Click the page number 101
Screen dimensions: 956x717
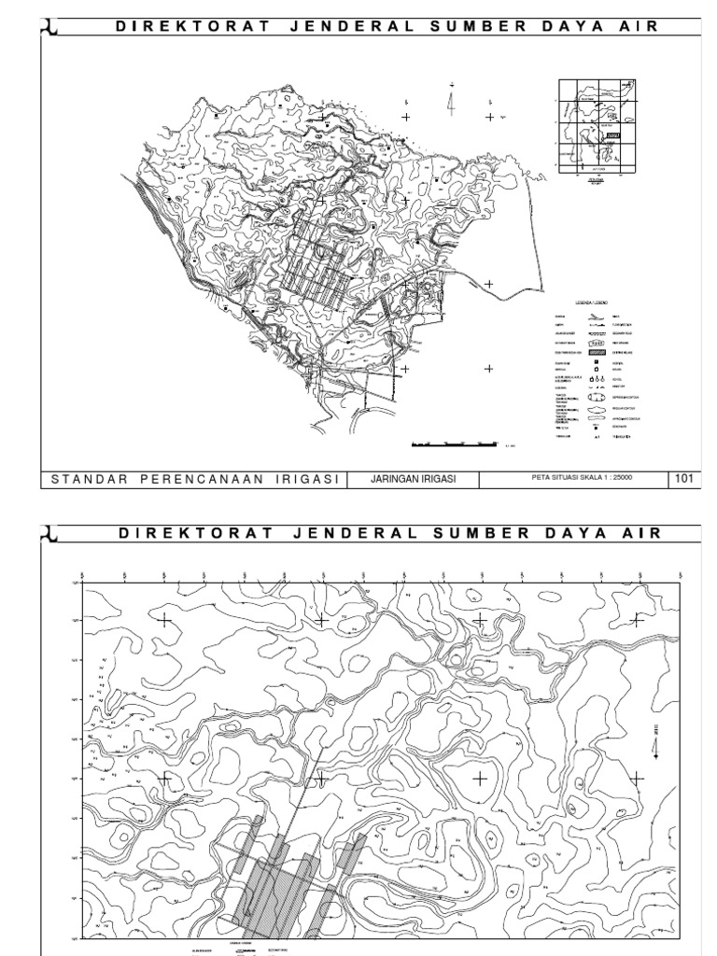coord(683,479)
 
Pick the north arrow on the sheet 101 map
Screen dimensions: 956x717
coord(452,99)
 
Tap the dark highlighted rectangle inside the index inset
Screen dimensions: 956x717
coord(612,136)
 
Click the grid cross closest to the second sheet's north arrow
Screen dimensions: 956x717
coord(637,778)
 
